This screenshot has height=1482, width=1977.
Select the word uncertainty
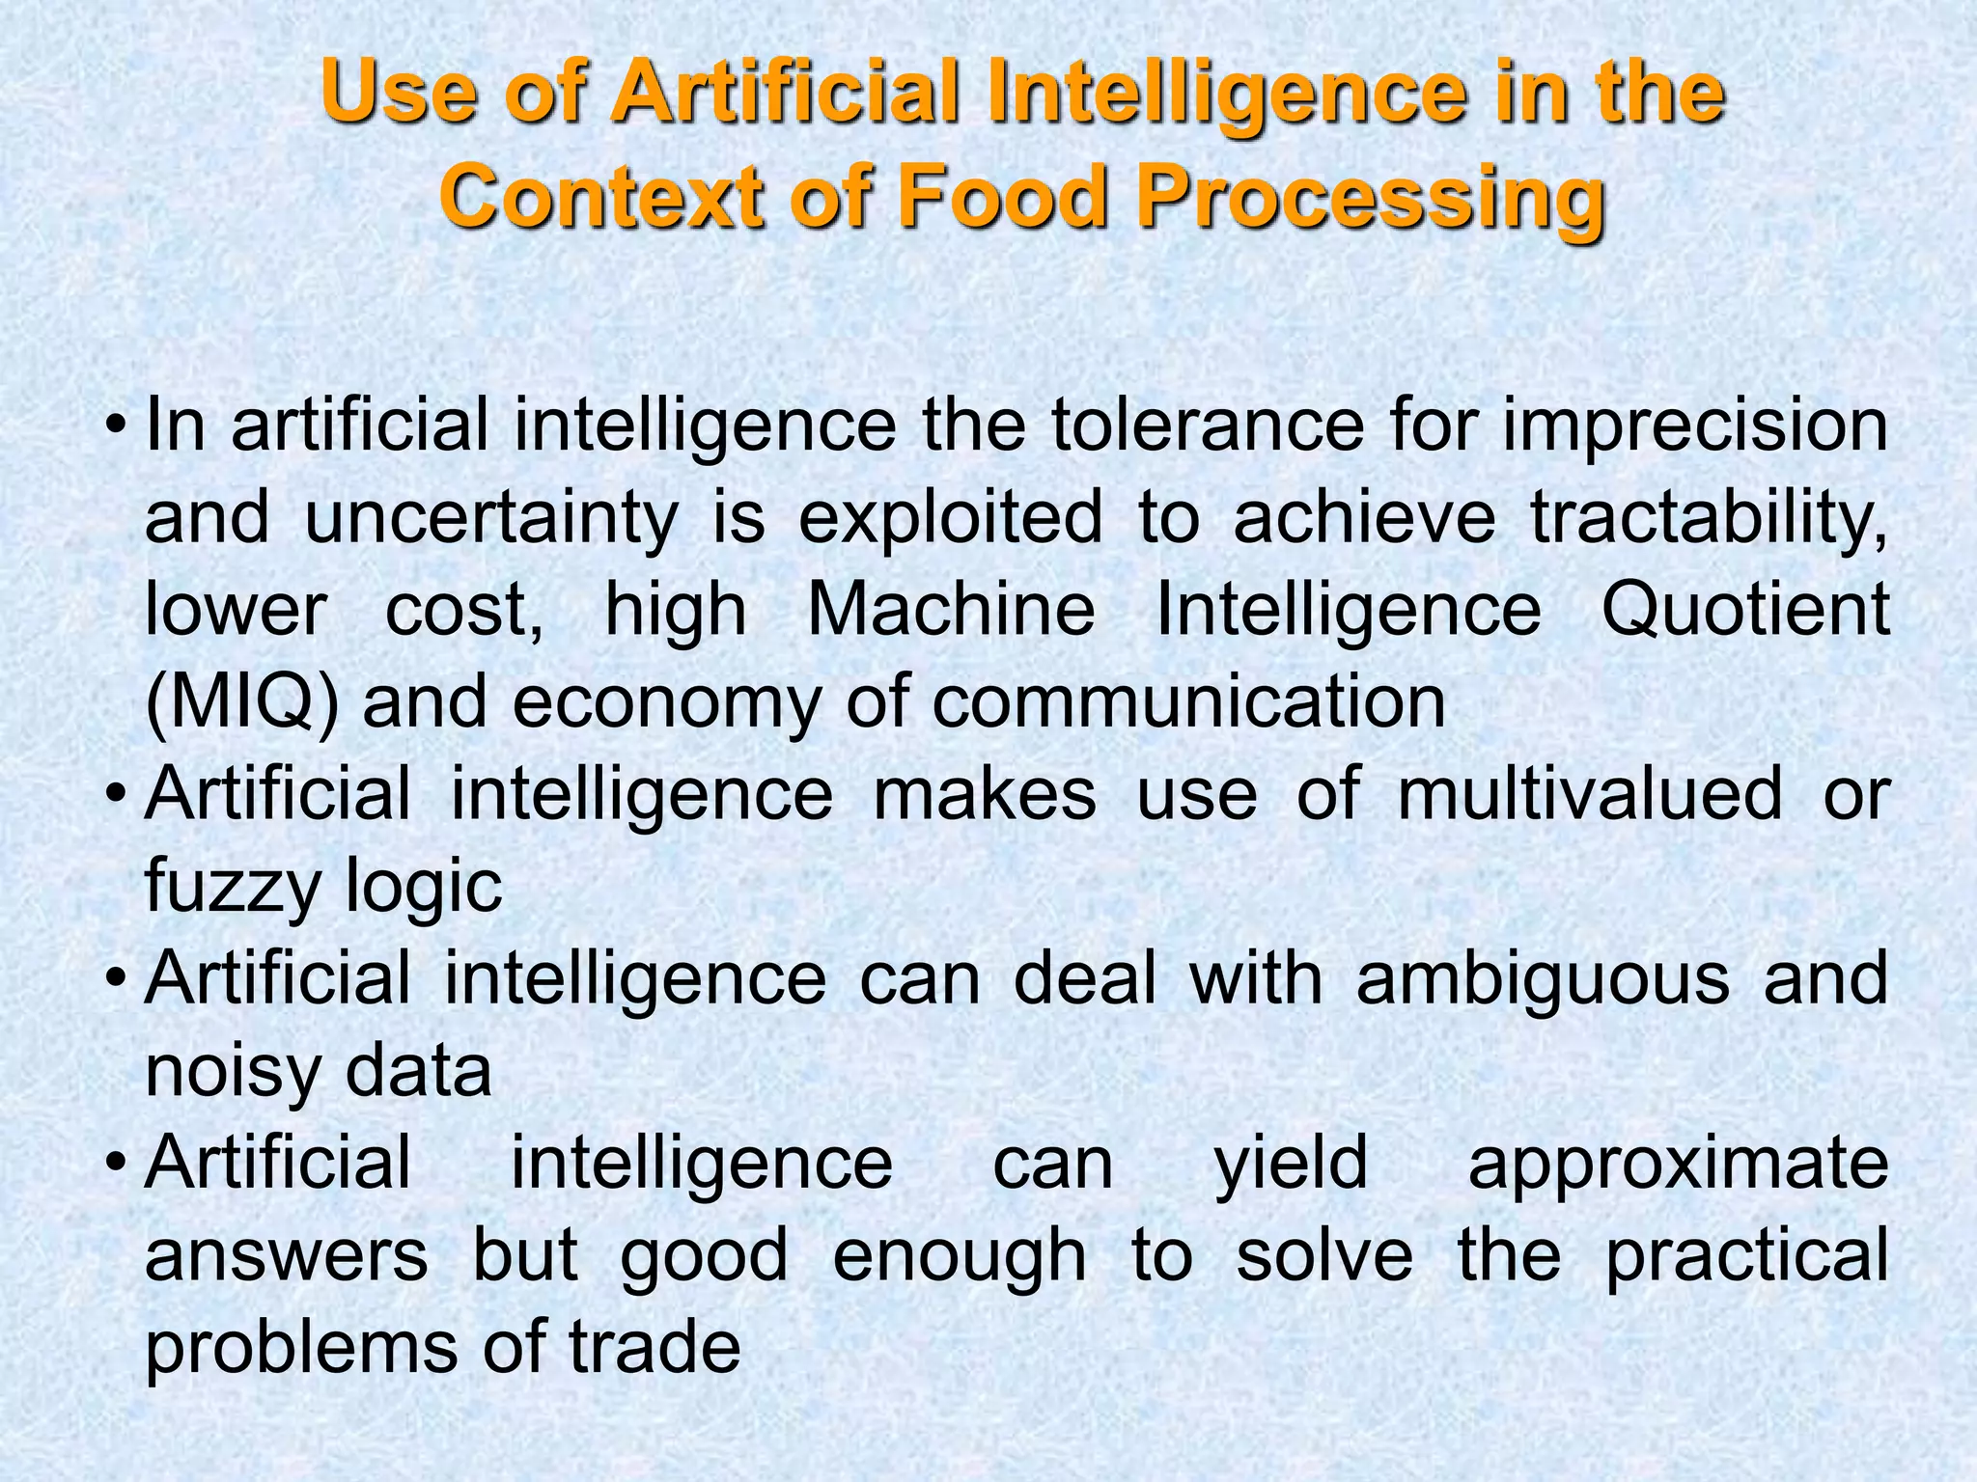491,518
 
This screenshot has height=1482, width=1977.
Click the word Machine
951,610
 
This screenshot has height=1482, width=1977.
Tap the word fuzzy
232,887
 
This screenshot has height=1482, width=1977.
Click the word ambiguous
1543,978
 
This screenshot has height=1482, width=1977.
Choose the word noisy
232,1071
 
